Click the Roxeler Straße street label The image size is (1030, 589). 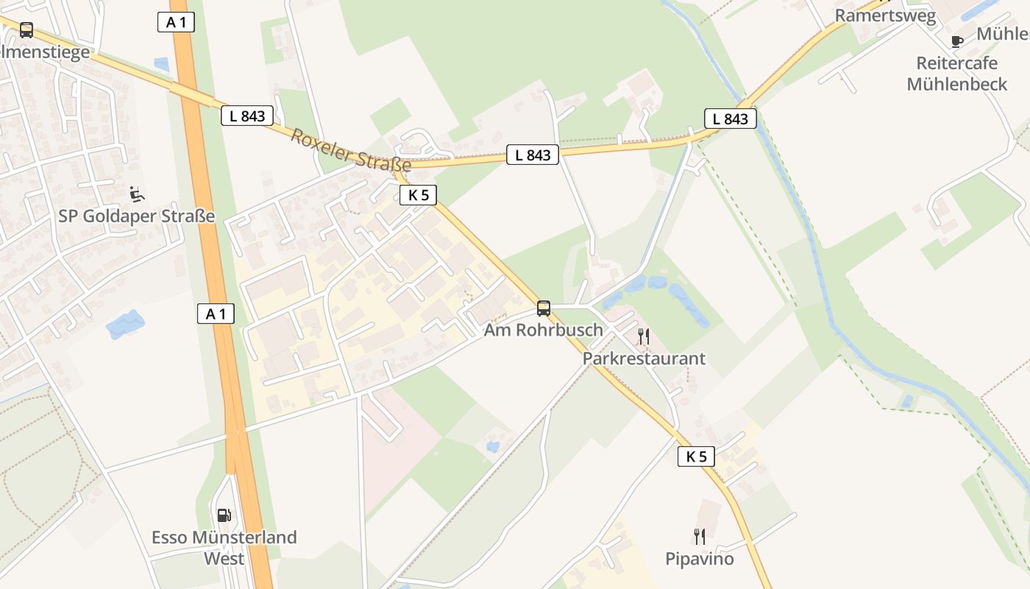350,150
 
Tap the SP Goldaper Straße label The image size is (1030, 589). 137,216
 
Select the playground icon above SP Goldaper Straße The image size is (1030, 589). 137,194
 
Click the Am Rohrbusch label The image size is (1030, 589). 543,330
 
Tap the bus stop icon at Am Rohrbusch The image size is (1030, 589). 544,308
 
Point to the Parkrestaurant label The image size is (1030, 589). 644,359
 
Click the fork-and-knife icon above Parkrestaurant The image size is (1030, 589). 644,337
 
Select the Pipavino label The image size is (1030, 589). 700,559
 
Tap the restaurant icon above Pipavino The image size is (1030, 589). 700,537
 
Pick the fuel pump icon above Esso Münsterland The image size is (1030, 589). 224,515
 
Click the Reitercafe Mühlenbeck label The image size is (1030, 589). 956,74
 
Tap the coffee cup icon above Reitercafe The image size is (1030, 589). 956,41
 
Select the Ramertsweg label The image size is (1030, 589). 885,15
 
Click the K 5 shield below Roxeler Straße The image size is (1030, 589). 419,195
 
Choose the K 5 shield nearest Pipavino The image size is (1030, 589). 696,456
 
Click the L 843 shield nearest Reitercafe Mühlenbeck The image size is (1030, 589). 731,119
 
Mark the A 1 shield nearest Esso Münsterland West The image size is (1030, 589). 216,314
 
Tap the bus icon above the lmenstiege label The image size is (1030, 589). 26,30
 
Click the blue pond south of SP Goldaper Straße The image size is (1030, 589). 125,324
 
